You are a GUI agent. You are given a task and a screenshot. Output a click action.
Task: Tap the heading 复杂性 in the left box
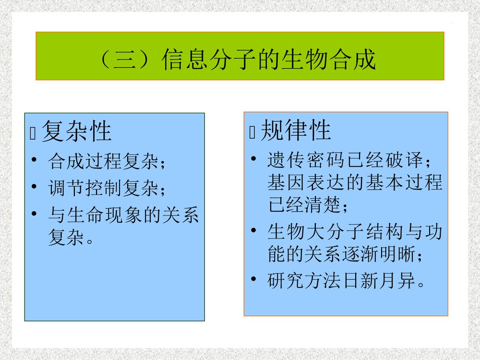tap(76, 131)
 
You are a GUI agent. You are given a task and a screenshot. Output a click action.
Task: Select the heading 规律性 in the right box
tap(296, 130)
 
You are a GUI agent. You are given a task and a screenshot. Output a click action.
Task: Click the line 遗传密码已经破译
tap(346, 159)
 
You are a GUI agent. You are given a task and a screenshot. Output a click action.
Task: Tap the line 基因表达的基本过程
tap(355, 183)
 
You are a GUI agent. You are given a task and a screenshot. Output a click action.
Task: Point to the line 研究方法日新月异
tap(346, 282)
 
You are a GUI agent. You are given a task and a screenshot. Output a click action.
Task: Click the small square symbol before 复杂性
tap(33, 134)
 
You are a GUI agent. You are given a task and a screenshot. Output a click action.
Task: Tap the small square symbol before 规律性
tap(252, 133)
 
